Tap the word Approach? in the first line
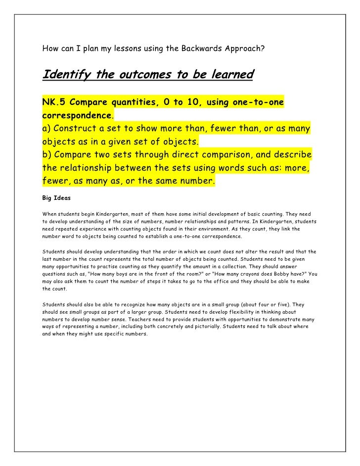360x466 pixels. coord(244,49)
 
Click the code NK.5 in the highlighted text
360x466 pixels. coord(52,103)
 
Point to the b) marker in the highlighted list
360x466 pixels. coord(47,156)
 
